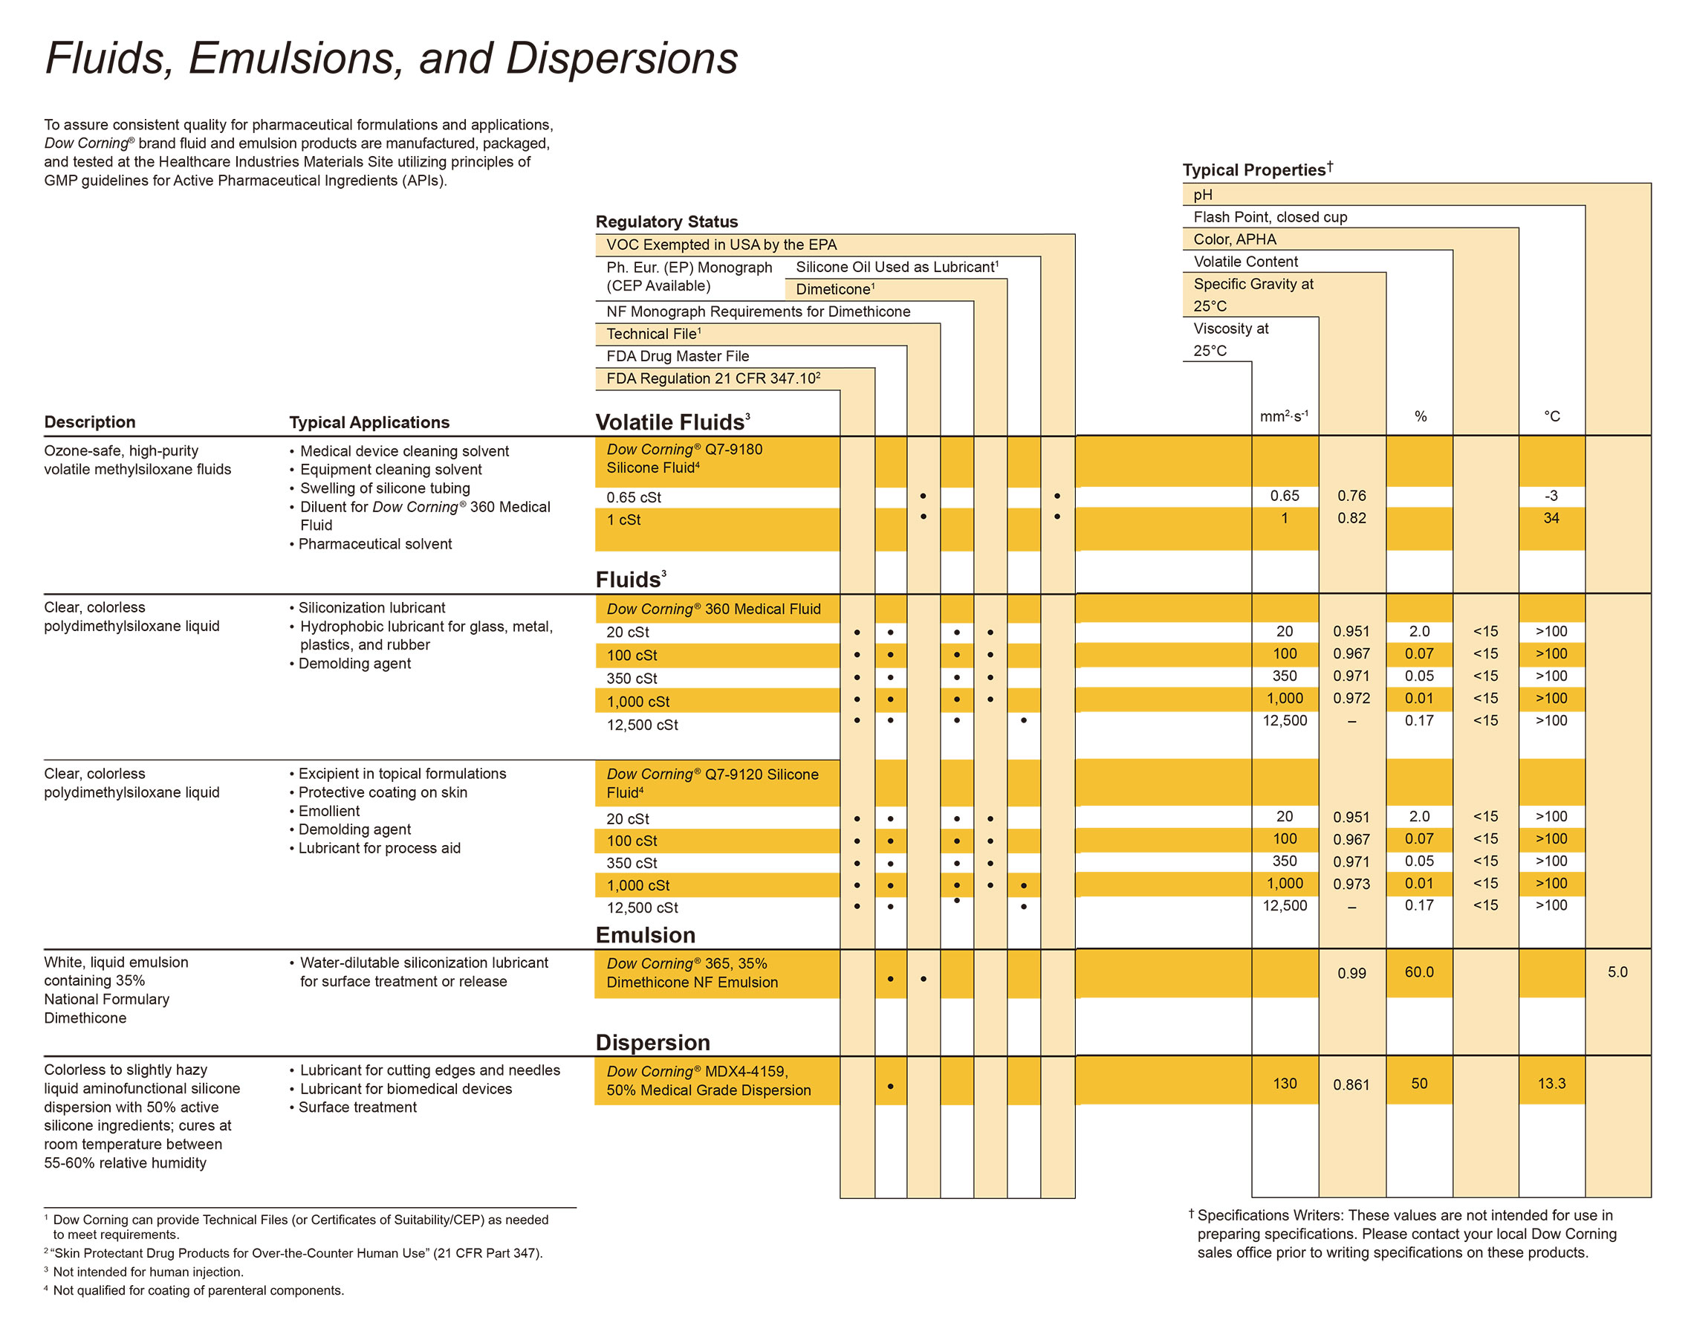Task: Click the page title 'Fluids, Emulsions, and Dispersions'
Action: pos(391,58)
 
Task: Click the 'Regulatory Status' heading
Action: pos(666,221)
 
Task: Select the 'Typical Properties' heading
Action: pos(1253,170)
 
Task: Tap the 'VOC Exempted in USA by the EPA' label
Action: pos(721,245)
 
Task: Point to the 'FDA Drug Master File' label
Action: pos(678,356)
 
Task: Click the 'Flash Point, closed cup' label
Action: pos(1270,217)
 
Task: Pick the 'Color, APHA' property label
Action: pos(1234,239)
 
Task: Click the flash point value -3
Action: pos(1551,495)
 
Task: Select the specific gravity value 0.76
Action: pos(1351,495)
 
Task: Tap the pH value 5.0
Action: pos(1617,972)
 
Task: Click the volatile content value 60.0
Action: pos(1418,972)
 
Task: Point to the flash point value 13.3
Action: pos(1551,1083)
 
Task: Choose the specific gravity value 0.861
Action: pos(1351,1084)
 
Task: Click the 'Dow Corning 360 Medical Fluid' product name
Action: pos(713,609)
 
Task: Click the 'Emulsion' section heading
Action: pos(645,935)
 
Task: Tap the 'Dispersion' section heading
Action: pos(652,1042)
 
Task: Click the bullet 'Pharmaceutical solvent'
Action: pos(375,544)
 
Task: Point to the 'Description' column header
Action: pos(89,421)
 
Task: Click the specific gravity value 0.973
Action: pos(1351,884)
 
